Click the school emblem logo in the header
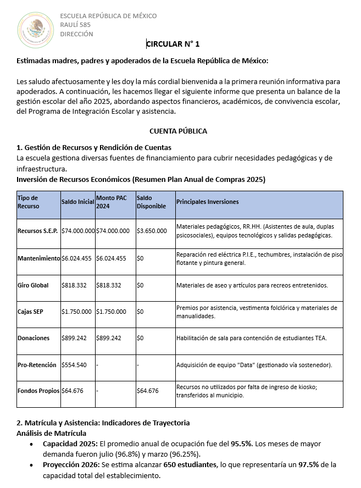pos(36,29)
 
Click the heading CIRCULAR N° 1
pos(173,44)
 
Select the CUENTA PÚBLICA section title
pos(178,131)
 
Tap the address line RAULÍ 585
pos(75,25)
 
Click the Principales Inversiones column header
pos(207,202)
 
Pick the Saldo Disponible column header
pos(151,202)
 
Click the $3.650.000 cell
pos(152,231)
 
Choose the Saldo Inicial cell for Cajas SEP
pos(76,312)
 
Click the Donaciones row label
pos(34,338)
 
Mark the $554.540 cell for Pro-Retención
pos(74,365)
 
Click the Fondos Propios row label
pos(38,391)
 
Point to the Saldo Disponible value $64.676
pos(147,391)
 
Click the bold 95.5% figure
pos(241,443)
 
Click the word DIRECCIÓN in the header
pos(76,34)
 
